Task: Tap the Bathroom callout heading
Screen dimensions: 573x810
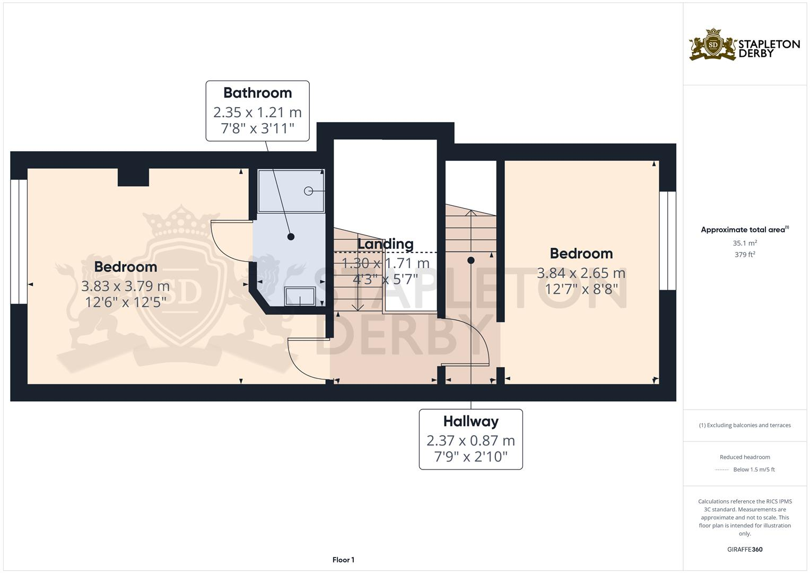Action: click(257, 93)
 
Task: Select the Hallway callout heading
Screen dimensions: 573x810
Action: click(471, 421)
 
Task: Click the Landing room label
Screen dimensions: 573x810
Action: click(385, 244)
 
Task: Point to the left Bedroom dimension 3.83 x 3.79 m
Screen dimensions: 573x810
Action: click(125, 286)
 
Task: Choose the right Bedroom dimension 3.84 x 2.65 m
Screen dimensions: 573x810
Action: click(581, 273)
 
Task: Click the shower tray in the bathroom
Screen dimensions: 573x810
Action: click(291, 191)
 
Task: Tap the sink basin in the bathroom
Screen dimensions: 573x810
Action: click(300, 296)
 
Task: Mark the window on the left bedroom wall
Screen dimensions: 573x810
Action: click(19, 241)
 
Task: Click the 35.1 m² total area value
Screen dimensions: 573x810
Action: click(745, 243)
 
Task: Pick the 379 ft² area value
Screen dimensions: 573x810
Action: click(745, 255)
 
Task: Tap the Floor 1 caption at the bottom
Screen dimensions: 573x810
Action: click(343, 560)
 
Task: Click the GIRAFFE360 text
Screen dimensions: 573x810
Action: click(745, 550)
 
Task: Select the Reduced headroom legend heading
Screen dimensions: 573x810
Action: click(745, 457)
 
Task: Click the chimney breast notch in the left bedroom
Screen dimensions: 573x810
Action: click(133, 177)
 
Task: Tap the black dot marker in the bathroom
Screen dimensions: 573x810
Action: click(291, 237)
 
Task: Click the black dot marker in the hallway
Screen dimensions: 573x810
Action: click(471, 260)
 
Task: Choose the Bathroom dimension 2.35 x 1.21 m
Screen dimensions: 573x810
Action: click(257, 112)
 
